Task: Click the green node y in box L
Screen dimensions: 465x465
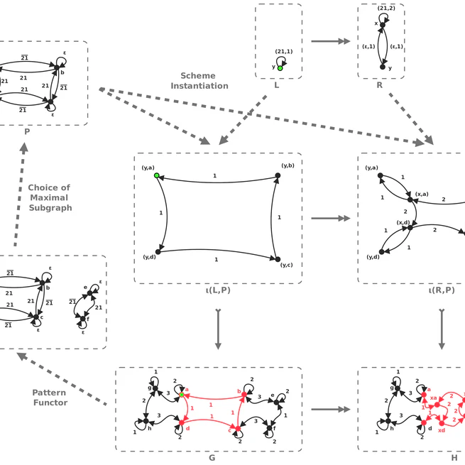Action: click(x=280, y=67)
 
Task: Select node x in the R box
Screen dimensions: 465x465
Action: click(x=382, y=26)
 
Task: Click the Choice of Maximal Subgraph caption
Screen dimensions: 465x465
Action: click(x=50, y=198)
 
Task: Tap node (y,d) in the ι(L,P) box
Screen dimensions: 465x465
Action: click(x=158, y=251)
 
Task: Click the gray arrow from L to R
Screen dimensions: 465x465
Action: click(x=331, y=42)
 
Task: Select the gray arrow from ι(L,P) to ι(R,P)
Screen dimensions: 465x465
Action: click(x=332, y=218)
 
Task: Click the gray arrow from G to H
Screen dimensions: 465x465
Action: click(x=332, y=410)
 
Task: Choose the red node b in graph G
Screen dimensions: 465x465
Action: click(x=244, y=394)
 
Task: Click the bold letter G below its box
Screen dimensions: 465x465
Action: click(x=212, y=458)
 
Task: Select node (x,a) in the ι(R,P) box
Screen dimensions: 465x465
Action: click(x=409, y=200)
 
